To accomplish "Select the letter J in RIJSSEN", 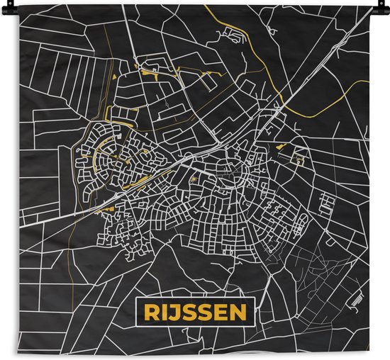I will pos(173,312).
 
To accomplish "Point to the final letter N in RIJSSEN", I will pos(240,312).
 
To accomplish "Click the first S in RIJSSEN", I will pos(187,312).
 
